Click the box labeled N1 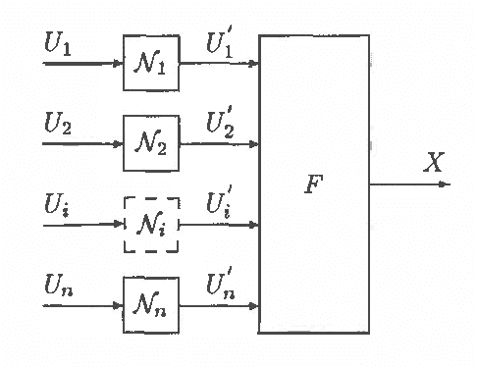coord(151,65)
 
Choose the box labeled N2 coord(151,144)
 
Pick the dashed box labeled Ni coord(151,225)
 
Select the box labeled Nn coord(151,305)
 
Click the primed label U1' coord(220,45)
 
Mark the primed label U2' coord(220,125)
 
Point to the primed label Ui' coord(218,205)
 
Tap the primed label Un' coord(220,286)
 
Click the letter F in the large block coord(312,183)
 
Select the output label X coord(433,163)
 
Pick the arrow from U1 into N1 coord(83,65)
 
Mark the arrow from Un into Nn coord(83,305)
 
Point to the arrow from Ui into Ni coord(83,225)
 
